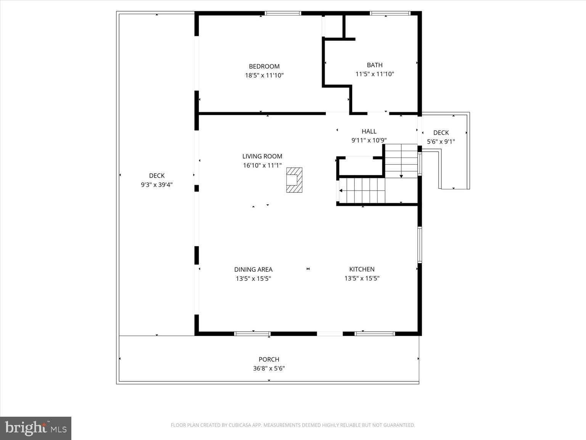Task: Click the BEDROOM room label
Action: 264,66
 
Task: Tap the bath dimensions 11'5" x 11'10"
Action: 375,74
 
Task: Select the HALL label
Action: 369,131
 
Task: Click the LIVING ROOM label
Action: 262,156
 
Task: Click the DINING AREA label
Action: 253,270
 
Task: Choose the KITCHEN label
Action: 362,269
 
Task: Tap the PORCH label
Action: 269,359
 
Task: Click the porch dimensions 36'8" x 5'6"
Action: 269,369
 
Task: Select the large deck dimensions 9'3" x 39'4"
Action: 157,184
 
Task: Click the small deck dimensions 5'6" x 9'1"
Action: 441,142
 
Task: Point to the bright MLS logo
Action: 35,428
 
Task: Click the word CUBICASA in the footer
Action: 239,425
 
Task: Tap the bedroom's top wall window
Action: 283,13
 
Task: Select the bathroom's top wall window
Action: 390,13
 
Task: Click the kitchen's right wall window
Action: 420,245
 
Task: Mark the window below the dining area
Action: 252,334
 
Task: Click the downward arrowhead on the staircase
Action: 401,176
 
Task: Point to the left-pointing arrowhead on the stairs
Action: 341,191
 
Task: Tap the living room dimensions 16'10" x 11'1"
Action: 262,165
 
